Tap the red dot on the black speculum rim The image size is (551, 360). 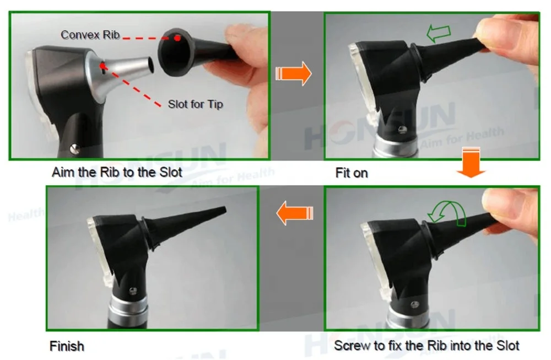[177, 38]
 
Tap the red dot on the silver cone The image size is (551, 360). [102, 67]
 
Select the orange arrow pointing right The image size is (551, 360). [293, 74]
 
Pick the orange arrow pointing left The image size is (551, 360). [294, 213]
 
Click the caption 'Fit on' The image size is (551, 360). [351, 173]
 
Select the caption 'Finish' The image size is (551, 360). [67, 347]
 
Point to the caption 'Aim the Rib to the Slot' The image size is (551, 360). [117, 172]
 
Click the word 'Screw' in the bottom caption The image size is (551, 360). [350, 346]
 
